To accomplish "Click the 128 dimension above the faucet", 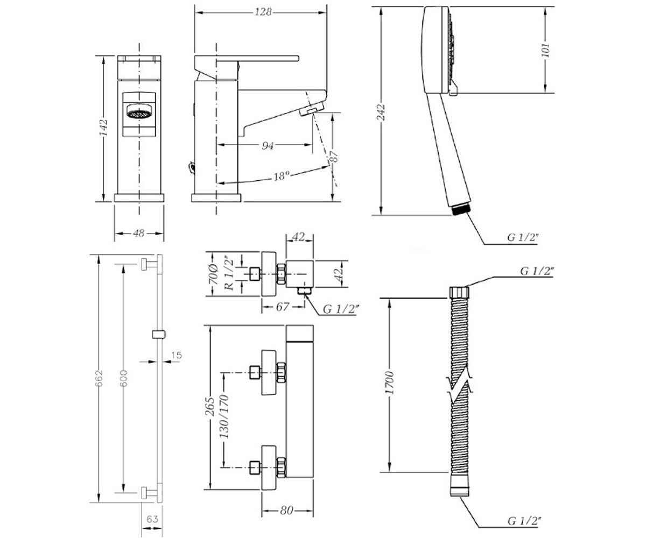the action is (263, 12).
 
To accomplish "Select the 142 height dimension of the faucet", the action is (103, 127).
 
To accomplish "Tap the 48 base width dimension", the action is (139, 233).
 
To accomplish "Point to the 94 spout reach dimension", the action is (268, 145).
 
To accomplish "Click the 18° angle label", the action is (281, 176).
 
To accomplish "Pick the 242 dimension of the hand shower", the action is (382, 112).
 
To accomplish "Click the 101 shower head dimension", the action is (546, 50).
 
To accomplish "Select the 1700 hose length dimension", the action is (390, 383).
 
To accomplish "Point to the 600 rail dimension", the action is (123, 378).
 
